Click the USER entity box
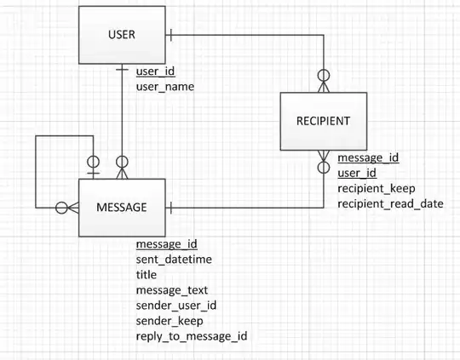[122, 35]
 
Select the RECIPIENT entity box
[323, 121]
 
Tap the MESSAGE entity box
[121, 208]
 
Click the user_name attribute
[165, 87]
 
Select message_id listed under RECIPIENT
[368, 157]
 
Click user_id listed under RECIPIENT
[357, 173]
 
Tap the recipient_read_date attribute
[390, 204]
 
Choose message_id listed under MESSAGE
[167, 244]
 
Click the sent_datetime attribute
[174, 260]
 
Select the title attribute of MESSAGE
[146, 275]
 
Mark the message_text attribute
[171, 290]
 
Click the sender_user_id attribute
[176, 306]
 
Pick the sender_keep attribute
[167, 321]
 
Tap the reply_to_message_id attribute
[192, 337]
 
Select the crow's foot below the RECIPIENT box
[323, 160]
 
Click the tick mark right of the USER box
[171, 35]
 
